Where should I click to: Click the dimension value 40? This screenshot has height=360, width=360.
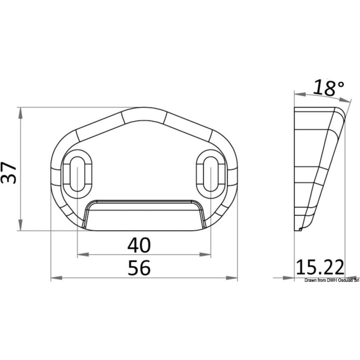point(139,246)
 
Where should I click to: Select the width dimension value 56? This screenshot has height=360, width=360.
point(139,268)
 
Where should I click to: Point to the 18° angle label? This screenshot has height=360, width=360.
point(328,88)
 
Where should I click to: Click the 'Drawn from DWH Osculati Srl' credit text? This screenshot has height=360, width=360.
point(332,281)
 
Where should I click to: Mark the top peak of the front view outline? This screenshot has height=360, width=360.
point(144,108)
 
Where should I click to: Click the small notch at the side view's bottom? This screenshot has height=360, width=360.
point(300,229)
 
